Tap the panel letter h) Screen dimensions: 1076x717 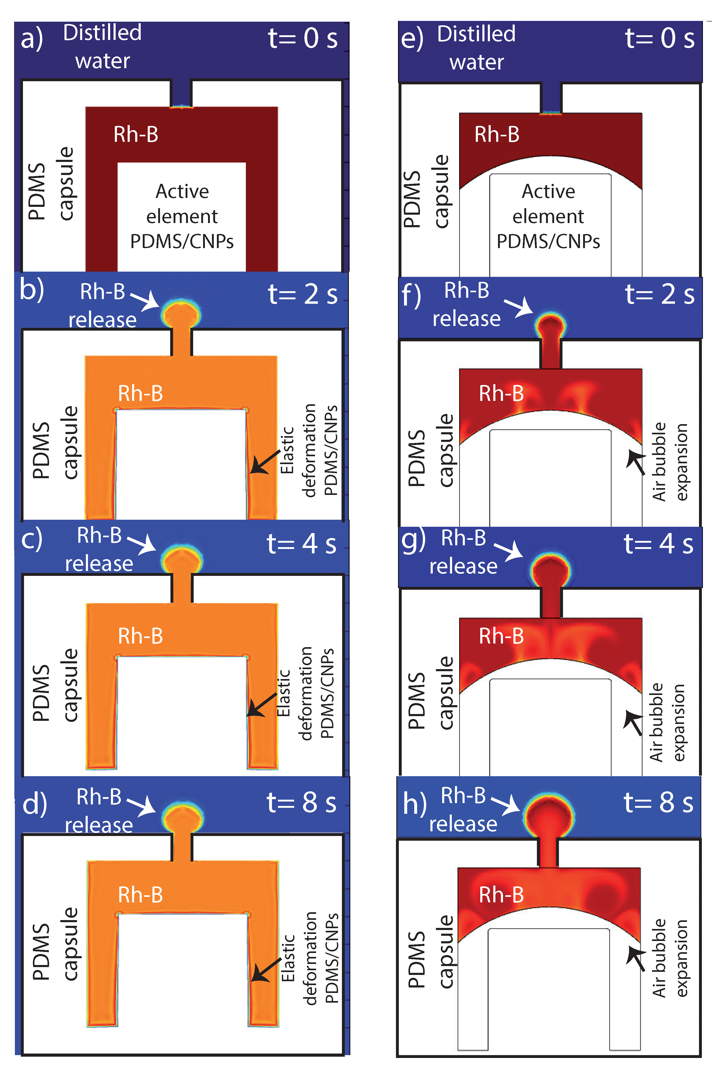click(x=414, y=804)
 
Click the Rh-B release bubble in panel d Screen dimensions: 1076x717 click(x=182, y=817)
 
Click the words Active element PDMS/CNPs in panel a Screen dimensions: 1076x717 click(x=182, y=216)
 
